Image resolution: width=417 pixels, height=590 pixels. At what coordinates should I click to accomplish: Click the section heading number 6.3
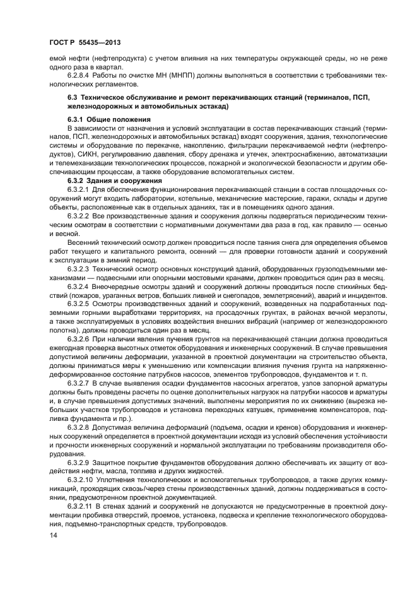pos(73,98)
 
